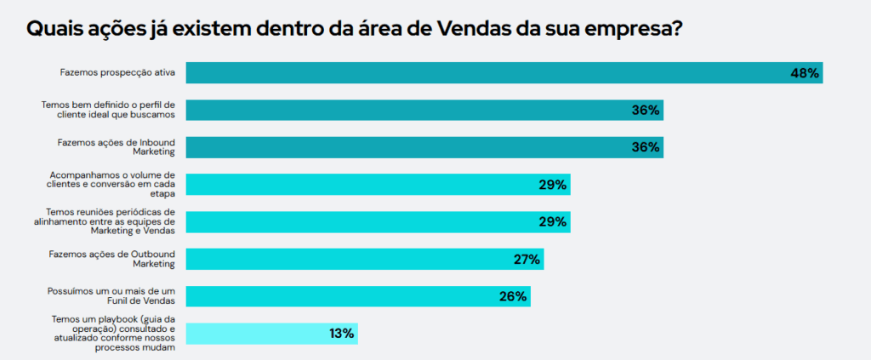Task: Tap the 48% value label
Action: (x=804, y=73)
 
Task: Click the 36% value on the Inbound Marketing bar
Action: (x=646, y=147)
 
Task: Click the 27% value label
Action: (x=527, y=260)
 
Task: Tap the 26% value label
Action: (x=513, y=297)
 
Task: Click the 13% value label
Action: (x=341, y=334)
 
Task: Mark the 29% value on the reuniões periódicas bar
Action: (x=553, y=222)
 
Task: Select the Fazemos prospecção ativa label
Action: (x=117, y=73)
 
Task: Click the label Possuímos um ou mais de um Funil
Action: (x=111, y=296)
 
